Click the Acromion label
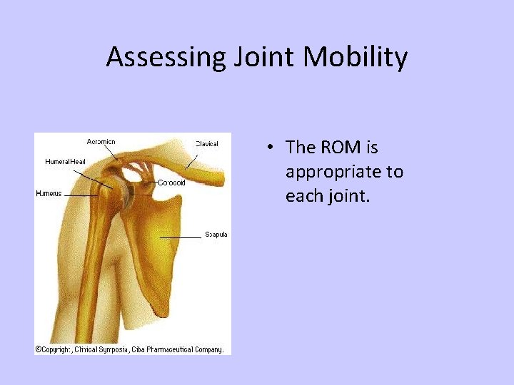pyautogui.click(x=101, y=142)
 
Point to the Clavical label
pyautogui.click(x=207, y=144)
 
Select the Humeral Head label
pyautogui.click(x=65, y=162)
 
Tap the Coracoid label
pyautogui.click(x=171, y=183)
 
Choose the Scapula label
pyautogui.click(x=216, y=235)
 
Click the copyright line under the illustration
pyautogui.click(x=129, y=349)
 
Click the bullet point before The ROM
pyautogui.click(x=272, y=148)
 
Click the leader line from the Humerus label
pyautogui.click(x=80, y=195)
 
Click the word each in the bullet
pyautogui.click(x=303, y=196)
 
